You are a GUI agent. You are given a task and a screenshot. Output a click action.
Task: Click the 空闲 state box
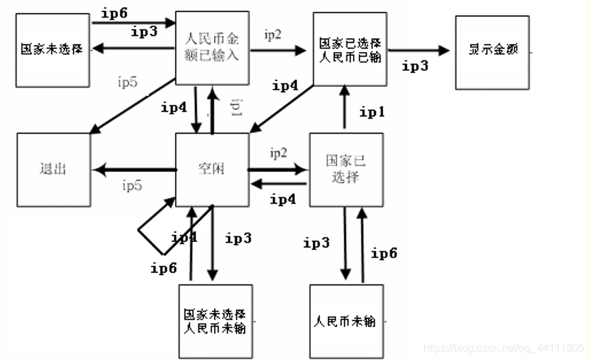tap(212, 170)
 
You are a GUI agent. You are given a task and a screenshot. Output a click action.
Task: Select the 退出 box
tap(53, 170)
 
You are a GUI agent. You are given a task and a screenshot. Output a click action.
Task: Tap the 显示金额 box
tap(493, 51)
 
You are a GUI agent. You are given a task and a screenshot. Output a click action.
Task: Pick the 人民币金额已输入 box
tap(212, 47)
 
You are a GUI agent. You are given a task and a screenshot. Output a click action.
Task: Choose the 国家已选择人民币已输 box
tap(348, 49)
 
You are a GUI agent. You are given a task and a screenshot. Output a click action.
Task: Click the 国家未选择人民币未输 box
tap(215, 321)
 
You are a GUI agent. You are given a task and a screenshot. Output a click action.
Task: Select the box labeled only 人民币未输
tap(345, 321)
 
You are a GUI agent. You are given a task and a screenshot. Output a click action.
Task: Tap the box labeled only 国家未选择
tap(52, 49)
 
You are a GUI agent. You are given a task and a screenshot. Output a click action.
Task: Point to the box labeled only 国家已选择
tap(346, 169)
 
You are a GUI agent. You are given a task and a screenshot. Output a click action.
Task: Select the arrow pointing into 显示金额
tap(418, 50)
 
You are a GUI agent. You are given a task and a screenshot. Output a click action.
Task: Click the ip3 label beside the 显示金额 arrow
tap(415, 66)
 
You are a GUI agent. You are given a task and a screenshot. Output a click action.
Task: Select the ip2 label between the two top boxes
tap(273, 36)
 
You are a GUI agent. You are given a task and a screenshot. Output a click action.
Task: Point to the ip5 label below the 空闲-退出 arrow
tap(132, 186)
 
